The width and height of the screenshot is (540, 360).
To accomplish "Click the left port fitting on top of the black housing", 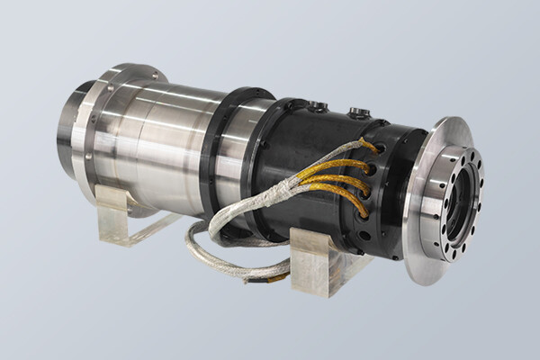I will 318,107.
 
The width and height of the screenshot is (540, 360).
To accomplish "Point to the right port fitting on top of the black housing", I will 359,113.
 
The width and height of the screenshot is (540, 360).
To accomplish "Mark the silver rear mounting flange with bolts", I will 89,135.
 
